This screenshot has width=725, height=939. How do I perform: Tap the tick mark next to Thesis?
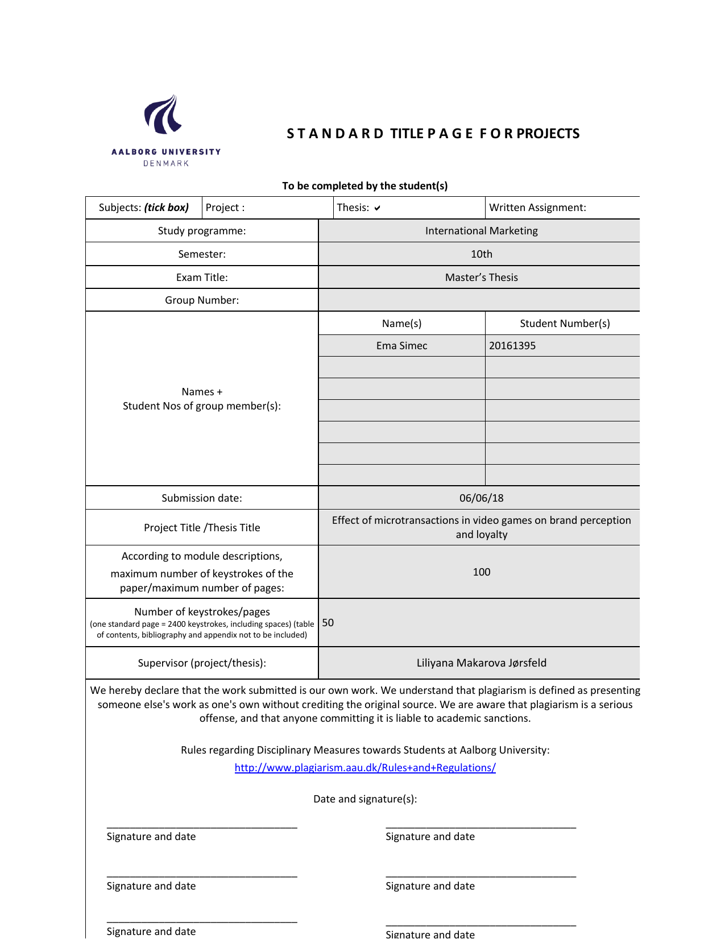click(377, 208)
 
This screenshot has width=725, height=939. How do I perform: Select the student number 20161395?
click(512, 346)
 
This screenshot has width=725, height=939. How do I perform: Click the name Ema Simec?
click(401, 346)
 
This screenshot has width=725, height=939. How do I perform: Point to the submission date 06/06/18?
click(481, 498)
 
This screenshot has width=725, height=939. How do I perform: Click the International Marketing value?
click(481, 231)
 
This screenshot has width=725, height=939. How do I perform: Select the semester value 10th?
click(481, 254)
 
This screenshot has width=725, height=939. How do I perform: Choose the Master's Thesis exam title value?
click(481, 278)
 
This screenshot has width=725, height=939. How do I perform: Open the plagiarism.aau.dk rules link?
click(365, 768)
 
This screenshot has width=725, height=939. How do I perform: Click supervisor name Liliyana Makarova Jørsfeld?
click(481, 663)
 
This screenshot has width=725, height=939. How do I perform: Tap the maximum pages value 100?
click(481, 572)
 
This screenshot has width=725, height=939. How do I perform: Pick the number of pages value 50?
click(328, 623)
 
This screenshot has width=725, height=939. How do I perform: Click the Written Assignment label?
click(537, 208)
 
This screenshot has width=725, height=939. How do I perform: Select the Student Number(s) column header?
click(565, 324)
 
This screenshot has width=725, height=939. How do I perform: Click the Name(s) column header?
click(401, 324)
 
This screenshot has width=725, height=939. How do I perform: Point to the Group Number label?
click(202, 300)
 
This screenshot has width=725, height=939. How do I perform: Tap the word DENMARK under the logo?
click(166, 164)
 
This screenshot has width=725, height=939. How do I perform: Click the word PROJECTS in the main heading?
click(548, 134)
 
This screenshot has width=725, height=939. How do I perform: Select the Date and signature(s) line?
click(365, 799)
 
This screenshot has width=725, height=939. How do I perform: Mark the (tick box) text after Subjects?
click(167, 208)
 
